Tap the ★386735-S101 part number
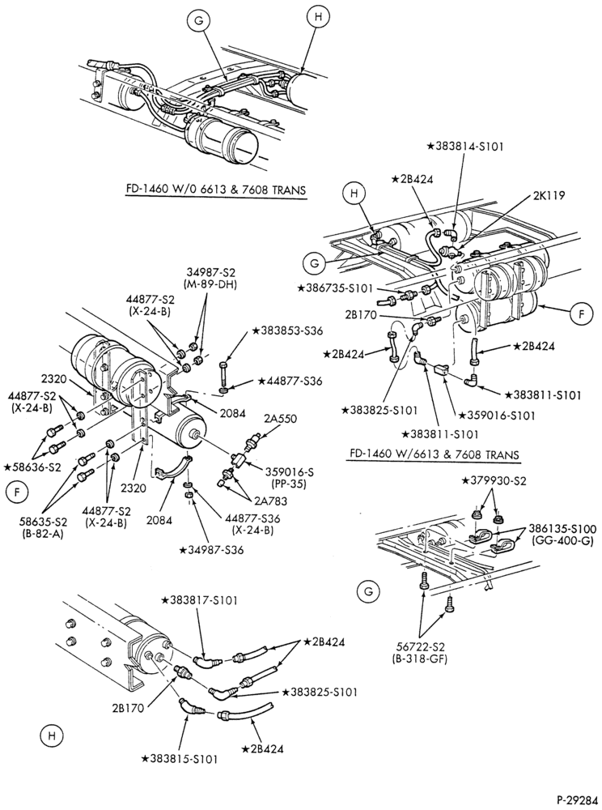[335, 289]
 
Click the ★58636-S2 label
[32, 467]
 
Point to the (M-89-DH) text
[210, 284]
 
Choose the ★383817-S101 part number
[199, 600]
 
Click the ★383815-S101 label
[180, 759]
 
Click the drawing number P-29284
[577, 799]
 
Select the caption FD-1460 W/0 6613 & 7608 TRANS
[216, 190]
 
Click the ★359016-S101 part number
[498, 415]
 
